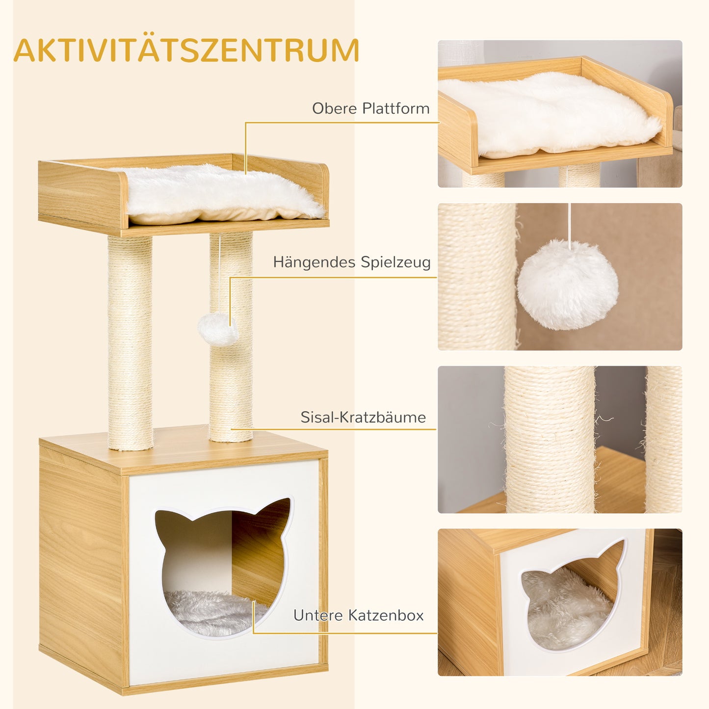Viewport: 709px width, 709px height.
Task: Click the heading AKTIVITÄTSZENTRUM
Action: click(186, 51)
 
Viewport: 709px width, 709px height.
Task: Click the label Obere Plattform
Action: click(370, 108)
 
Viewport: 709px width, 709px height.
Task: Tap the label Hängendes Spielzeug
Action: click(352, 262)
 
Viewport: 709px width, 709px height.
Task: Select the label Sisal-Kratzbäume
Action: click(363, 418)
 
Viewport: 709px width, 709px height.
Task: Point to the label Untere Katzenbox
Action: click(358, 615)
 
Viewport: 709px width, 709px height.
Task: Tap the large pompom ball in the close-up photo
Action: click(568, 285)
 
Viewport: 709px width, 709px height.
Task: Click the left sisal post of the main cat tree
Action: click(130, 343)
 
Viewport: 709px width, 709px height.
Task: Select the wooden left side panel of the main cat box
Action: click(81, 564)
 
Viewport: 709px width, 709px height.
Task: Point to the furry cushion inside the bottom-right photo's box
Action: click(564, 608)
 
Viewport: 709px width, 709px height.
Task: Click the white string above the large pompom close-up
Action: click(569, 221)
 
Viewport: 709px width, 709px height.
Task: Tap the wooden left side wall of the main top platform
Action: click(81, 196)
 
